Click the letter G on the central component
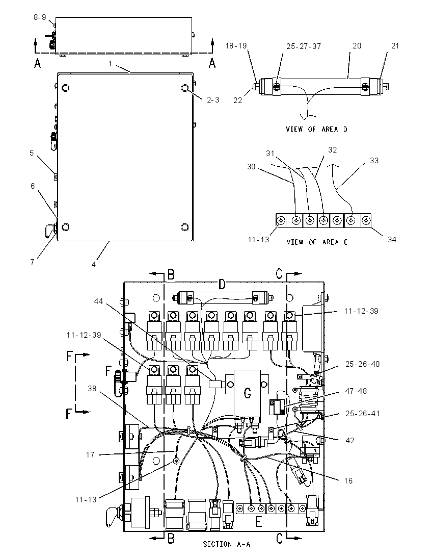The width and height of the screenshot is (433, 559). point(248,393)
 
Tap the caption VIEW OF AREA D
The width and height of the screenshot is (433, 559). point(316,129)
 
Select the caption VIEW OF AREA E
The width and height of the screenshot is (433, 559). point(317,242)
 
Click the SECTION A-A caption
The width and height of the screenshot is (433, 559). point(227,544)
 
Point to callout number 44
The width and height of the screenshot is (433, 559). point(98,301)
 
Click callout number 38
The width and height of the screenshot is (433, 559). point(92,388)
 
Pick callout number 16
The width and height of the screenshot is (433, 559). point(348,480)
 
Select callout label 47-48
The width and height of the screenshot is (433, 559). point(356,391)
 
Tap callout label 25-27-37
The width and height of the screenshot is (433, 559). point(304,46)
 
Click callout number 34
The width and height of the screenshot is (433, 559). point(392,240)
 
